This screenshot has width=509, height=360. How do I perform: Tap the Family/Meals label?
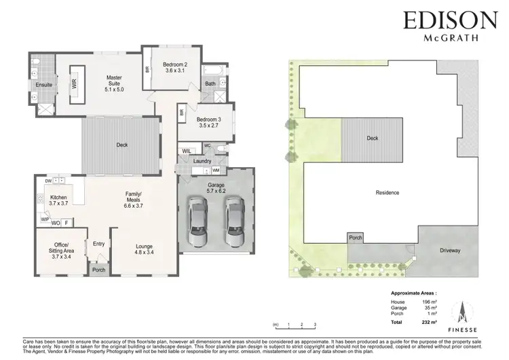click(x=133, y=198)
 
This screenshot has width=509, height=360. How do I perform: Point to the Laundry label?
click(x=202, y=161)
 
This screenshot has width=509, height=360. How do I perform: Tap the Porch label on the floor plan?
click(x=99, y=270)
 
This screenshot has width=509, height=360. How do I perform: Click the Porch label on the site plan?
click(x=355, y=238)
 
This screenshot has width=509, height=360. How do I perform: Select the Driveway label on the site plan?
click(x=449, y=251)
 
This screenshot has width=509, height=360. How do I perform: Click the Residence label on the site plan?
click(x=388, y=193)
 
